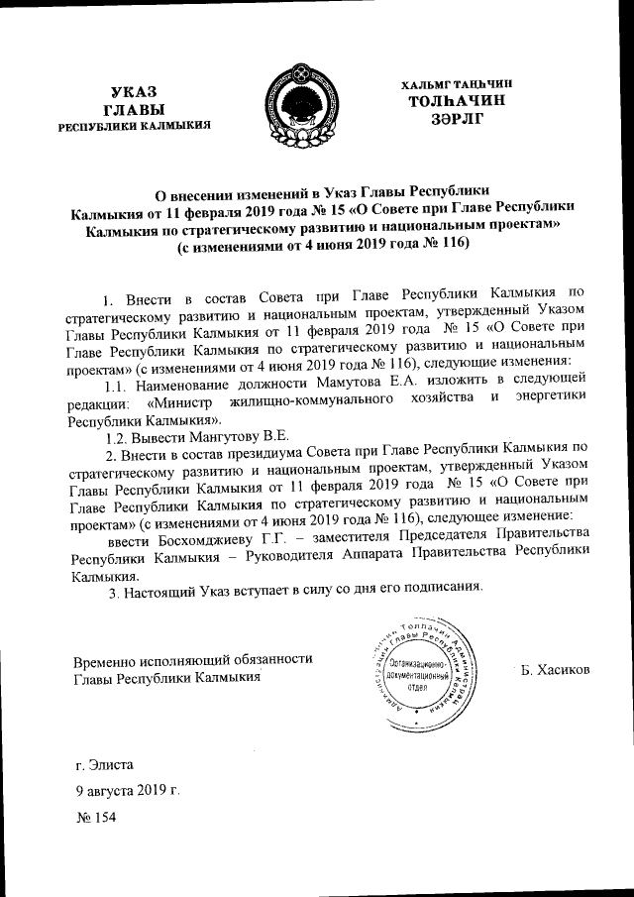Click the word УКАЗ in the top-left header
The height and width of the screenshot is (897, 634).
(133, 91)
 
